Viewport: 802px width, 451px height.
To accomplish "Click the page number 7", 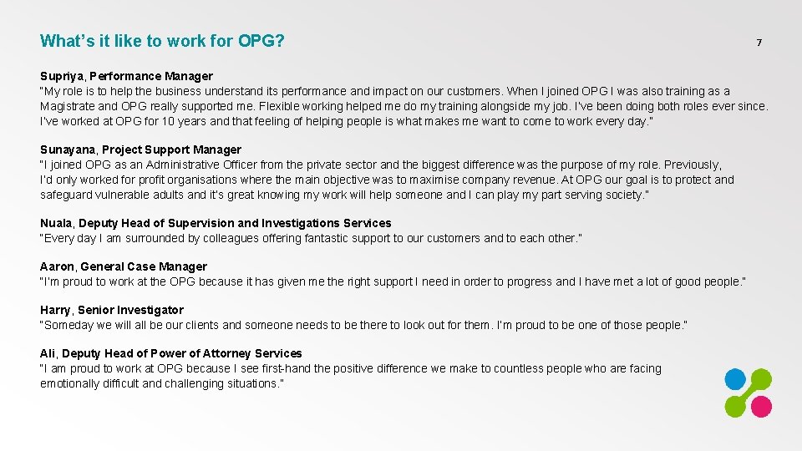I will click(x=759, y=43).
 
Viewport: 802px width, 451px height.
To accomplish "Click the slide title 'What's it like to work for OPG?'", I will click(x=162, y=41).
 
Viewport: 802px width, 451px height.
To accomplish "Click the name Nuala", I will click(x=56, y=223).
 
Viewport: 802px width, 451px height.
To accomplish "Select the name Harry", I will click(x=56, y=310).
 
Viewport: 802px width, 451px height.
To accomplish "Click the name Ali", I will click(x=48, y=353).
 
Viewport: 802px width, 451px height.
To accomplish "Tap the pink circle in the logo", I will click(x=761, y=406).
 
